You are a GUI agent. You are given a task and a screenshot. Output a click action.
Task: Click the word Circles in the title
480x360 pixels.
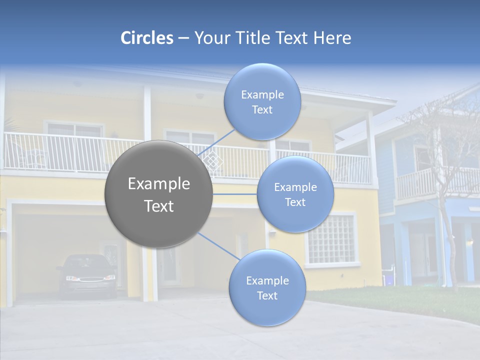pyautogui.click(x=147, y=38)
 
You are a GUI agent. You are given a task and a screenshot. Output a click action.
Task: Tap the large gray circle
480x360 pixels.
pyautogui.click(x=159, y=194)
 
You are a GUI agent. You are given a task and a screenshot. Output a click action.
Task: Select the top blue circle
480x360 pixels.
pyautogui.click(x=262, y=102)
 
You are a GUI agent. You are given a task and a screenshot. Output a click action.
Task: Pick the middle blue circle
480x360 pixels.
pyautogui.click(x=295, y=194)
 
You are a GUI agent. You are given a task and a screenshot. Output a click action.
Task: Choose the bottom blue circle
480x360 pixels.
pyautogui.click(x=267, y=288)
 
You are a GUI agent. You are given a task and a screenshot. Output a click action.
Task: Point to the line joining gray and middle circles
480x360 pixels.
pyautogui.click(x=235, y=194)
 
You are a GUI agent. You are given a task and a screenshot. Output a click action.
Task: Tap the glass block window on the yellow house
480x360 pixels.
pyautogui.click(x=330, y=239)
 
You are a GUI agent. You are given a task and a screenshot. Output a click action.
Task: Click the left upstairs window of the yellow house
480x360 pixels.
pyautogui.click(x=74, y=131)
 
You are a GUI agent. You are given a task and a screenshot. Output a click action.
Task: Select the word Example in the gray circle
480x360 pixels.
pyautogui.click(x=159, y=184)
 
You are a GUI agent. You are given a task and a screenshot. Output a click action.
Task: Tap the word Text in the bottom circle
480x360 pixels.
pyautogui.click(x=267, y=295)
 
